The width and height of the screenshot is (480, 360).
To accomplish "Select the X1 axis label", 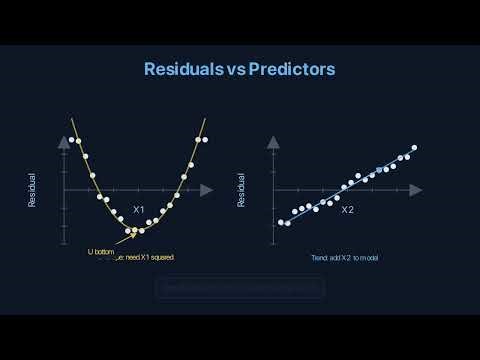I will pyautogui.click(x=139, y=209).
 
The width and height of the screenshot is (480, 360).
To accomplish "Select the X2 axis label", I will pyautogui.click(x=347, y=210).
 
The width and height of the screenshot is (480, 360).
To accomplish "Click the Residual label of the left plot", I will pyautogui.click(x=32, y=190).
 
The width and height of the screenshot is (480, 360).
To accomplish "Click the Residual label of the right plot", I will pyautogui.click(x=241, y=190).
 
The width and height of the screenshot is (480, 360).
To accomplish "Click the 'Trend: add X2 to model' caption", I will pyautogui.click(x=345, y=257).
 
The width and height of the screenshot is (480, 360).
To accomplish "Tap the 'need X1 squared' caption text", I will pyautogui.click(x=151, y=257).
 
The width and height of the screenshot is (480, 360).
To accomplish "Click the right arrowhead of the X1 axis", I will pyautogui.click(x=207, y=189).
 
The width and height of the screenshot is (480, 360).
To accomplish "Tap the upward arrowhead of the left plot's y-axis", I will pyautogui.click(x=64, y=142).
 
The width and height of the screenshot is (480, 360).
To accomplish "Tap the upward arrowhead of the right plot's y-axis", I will pyautogui.click(x=272, y=142).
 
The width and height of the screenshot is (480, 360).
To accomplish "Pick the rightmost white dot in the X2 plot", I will pyautogui.click(x=414, y=148).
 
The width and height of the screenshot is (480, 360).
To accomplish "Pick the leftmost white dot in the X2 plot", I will pyautogui.click(x=280, y=222).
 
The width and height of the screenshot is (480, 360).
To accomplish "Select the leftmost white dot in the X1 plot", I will pyautogui.click(x=71, y=140).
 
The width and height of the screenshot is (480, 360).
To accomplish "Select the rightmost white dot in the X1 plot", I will pyautogui.click(x=205, y=140).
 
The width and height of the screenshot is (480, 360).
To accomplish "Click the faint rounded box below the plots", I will pyautogui.click(x=240, y=288).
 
